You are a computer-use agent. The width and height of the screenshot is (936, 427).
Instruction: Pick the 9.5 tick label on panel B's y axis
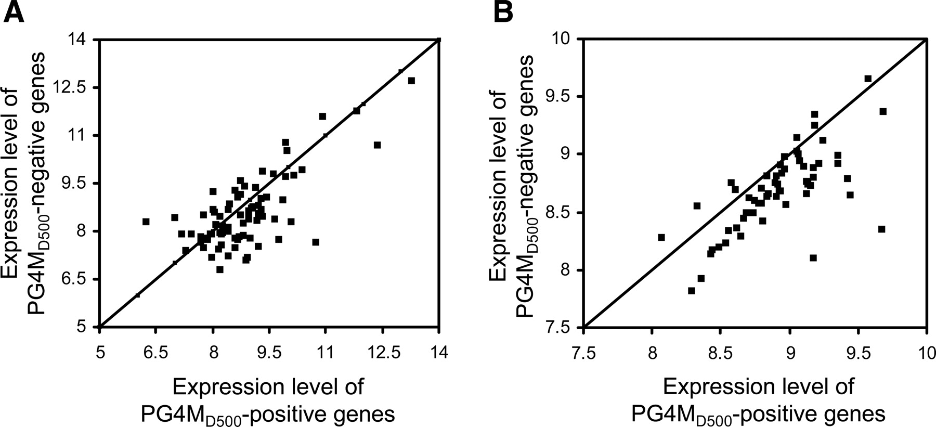click(x=561, y=97)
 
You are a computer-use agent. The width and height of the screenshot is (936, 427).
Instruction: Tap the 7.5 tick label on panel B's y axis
click(x=561, y=328)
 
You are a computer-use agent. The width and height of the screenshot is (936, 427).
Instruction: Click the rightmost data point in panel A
click(x=411, y=81)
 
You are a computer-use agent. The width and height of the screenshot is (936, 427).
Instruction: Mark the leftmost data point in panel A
click(x=146, y=222)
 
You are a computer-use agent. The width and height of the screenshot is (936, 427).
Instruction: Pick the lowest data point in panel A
click(x=219, y=269)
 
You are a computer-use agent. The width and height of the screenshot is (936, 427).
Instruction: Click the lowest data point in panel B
click(x=691, y=291)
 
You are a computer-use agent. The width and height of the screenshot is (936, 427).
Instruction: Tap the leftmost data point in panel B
click(x=661, y=237)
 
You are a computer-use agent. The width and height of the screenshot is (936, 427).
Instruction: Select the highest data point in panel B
click(x=868, y=79)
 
